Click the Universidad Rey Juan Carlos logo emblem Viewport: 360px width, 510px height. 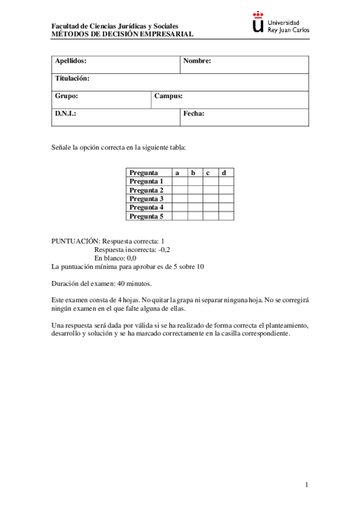(x=258, y=23)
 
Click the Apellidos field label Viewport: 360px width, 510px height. (x=71, y=61)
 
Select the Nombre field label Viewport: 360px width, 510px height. (x=197, y=61)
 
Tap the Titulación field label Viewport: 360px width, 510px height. (x=72, y=78)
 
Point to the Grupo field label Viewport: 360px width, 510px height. (x=67, y=96)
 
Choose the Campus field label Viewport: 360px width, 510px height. (x=168, y=96)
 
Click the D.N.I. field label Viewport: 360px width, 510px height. (x=66, y=113)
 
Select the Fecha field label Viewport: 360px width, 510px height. (x=194, y=113)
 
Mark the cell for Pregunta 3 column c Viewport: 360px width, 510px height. (x=210, y=198)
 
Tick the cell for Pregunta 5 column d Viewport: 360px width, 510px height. (x=225, y=216)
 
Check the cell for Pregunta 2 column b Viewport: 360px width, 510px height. (x=195, y=190)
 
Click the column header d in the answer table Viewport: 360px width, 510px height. (x=224, y=173)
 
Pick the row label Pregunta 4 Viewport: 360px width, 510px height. (x=147, y=207)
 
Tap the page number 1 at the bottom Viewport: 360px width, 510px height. (x=307, y=485)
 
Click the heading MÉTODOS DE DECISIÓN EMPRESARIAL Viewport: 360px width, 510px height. (x=123, y=34)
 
